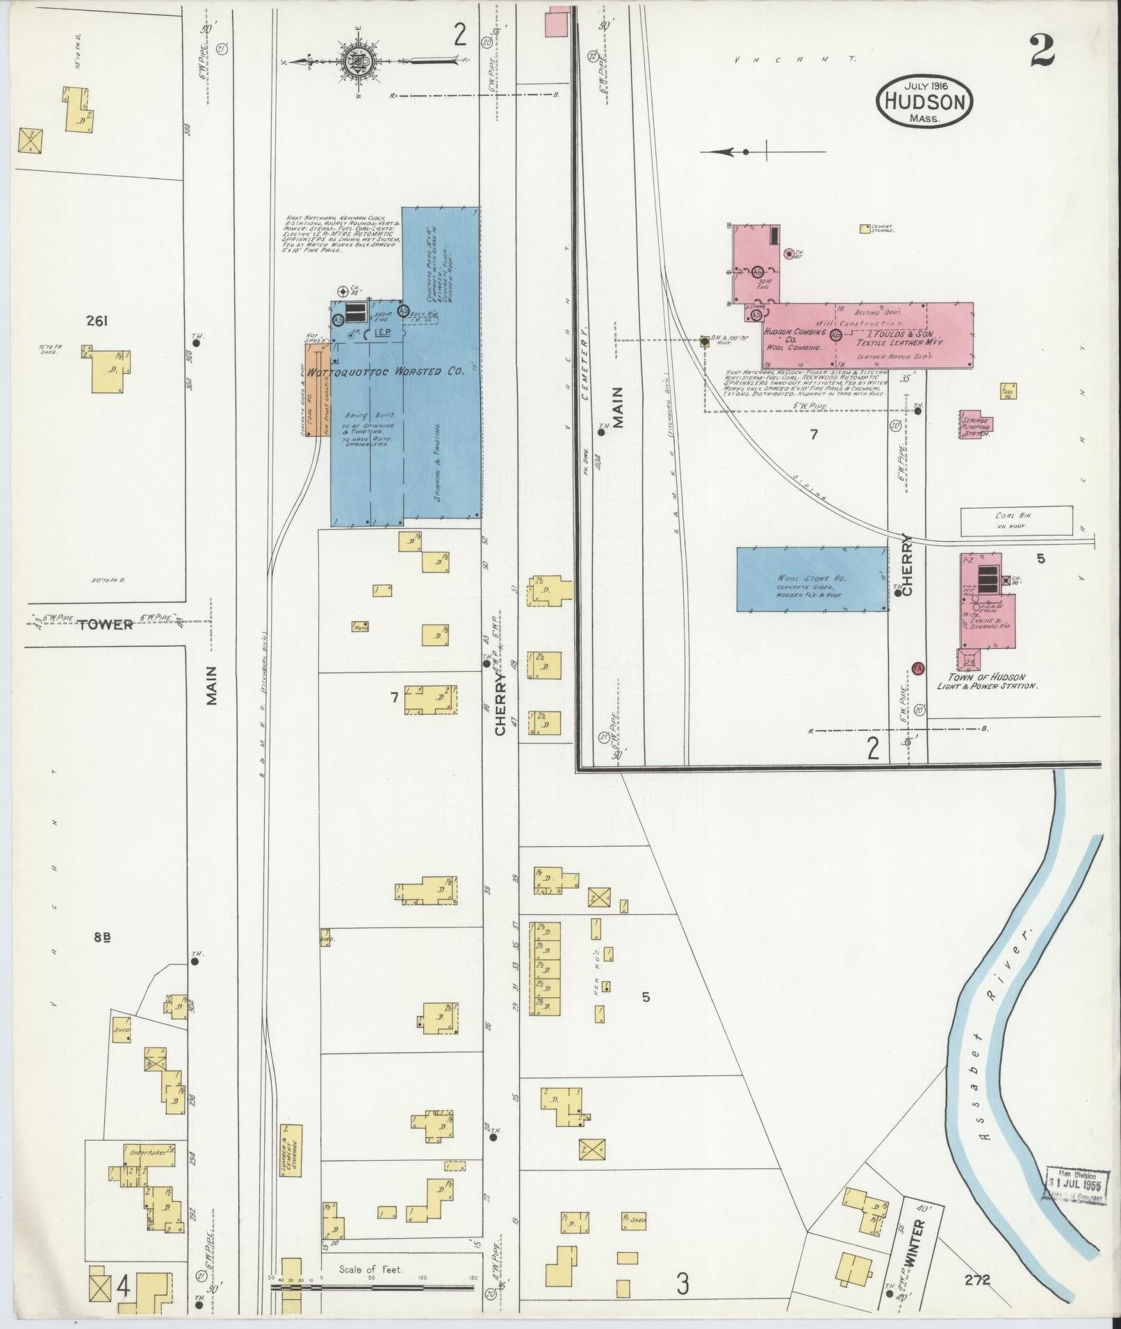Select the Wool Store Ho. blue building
812,579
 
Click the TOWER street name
106,624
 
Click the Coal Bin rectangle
1016,522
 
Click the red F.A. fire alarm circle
917,668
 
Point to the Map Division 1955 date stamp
1076,1179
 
